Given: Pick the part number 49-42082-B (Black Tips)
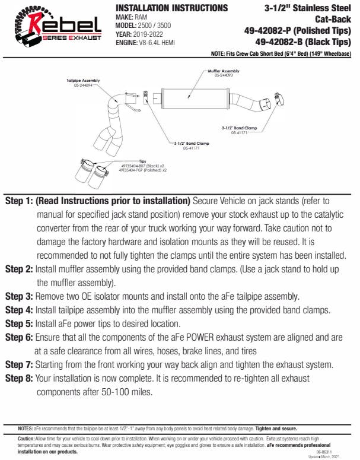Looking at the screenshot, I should (x=302, y=42).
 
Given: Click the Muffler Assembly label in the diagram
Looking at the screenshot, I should (x=222, y=71).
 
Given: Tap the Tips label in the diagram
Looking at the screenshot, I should (x=142, y=160).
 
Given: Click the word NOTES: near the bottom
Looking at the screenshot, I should (x=26, y=428).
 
